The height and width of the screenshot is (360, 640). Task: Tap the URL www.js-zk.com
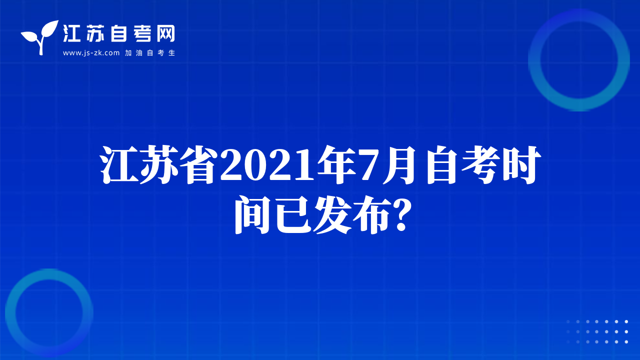91,53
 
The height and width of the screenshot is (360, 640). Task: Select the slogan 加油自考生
150,53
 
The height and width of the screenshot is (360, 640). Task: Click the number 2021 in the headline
267,165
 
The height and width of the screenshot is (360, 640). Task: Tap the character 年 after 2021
337,165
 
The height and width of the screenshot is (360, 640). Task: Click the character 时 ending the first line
522,165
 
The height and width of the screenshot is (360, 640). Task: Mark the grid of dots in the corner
597,331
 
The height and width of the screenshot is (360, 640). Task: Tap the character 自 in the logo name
118,33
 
